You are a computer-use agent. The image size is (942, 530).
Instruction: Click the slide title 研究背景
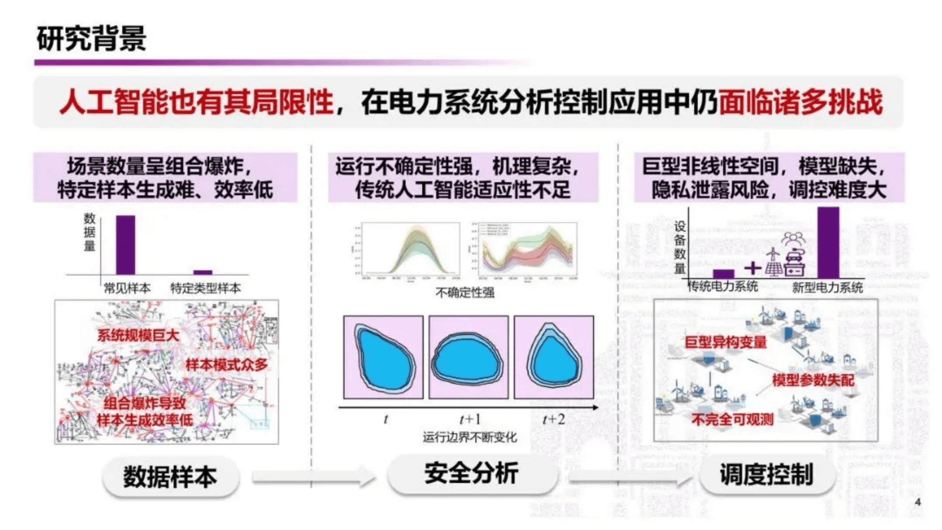[x=91, y=39]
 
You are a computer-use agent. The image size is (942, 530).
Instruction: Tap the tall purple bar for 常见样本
[x=125, y=245]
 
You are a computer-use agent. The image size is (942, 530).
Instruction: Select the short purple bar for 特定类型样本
[x=203, y=272]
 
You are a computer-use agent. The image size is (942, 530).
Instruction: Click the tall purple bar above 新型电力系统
[x=828, y=243]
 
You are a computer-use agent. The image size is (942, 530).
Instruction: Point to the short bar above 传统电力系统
[x=723, y=274]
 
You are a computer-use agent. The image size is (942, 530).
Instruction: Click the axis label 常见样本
[x=127, y=288]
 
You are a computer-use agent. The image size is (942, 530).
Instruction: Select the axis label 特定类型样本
[x=205, y=288]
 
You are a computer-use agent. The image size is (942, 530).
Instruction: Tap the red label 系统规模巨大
[x=138, y=335]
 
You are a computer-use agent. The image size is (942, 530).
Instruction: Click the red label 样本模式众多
[x=226, y=364]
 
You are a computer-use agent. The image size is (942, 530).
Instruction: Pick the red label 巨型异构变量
[x=725, y=342]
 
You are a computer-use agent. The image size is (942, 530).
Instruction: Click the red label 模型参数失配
[x=813, y=380]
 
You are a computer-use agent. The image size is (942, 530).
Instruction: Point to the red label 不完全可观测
[x=732, y=419]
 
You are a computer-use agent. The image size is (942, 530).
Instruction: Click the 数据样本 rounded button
[x=171, y=476]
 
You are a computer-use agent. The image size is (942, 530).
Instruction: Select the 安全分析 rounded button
[x=472, y=474]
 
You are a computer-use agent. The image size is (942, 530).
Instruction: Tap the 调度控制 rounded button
[x=767, y=475]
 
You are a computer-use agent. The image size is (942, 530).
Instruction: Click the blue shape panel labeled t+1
[x=468, y=357]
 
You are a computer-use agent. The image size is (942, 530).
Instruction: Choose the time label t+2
[x=553, y=419]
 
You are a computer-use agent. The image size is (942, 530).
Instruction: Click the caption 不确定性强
[x=465, y=292]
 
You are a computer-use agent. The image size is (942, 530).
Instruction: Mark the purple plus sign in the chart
[x=752, y=268]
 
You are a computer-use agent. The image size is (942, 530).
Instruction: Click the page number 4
[x=918, y=502]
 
